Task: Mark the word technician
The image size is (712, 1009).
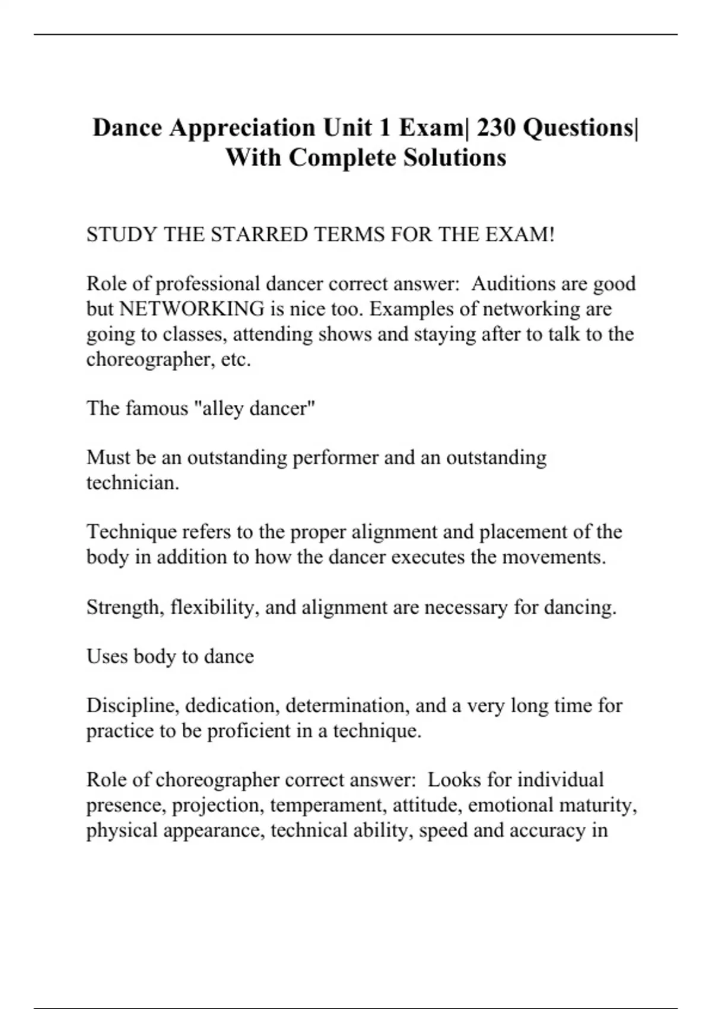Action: [x=132, y=483]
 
